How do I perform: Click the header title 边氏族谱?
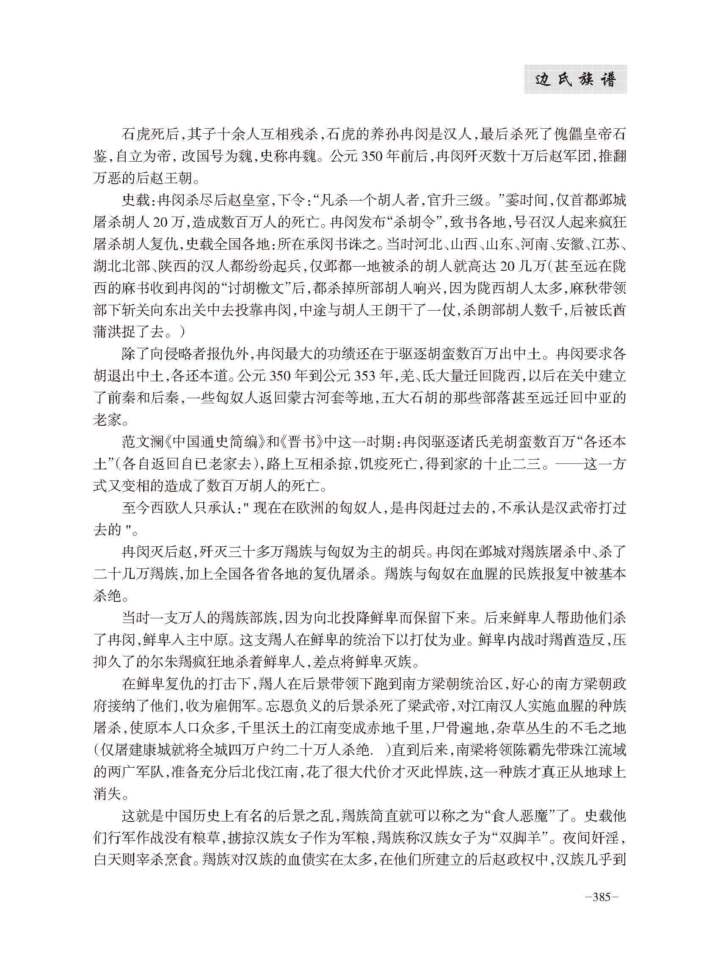(575, 80)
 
